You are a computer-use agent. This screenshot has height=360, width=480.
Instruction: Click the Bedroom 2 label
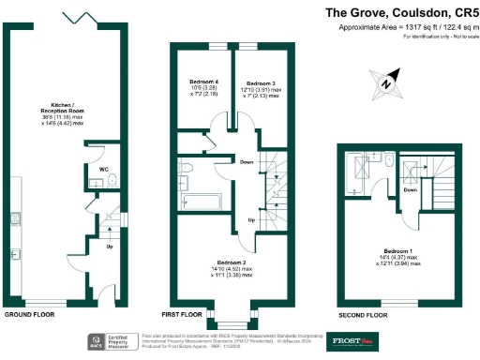click(230, 268)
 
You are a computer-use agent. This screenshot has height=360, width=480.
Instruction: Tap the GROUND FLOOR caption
click(29, 314)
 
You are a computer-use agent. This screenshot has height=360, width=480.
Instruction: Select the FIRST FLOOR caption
click(182, 314)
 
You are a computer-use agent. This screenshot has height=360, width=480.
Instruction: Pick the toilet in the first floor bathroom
click(186, 168)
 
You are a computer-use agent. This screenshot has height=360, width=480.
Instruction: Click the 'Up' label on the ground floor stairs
click(110, 247)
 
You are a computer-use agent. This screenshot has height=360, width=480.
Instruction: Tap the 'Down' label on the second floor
click(411, 189)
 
